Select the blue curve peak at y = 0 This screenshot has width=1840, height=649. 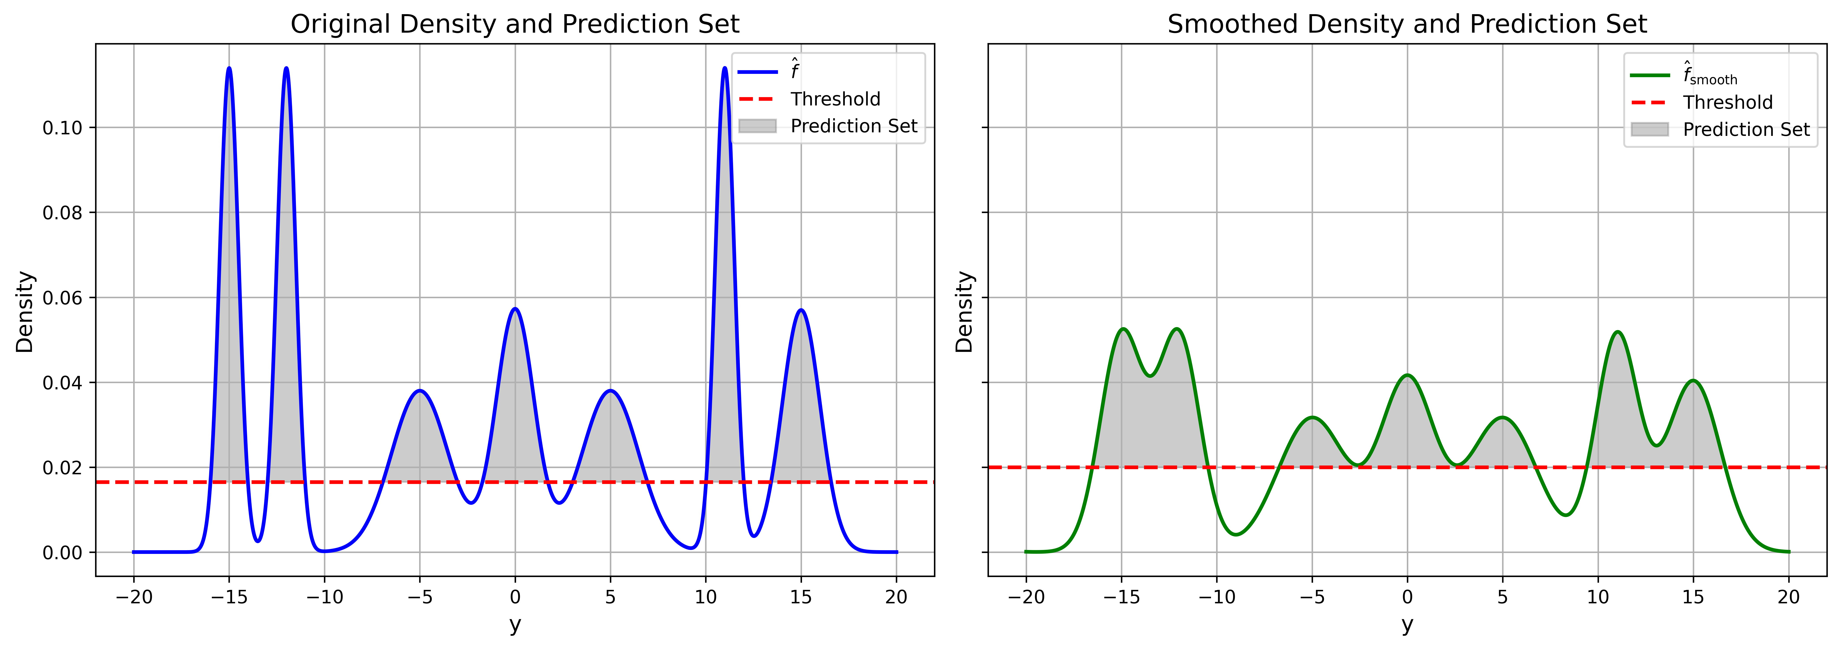[x=515, y=309]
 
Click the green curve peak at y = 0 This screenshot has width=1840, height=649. [x=1407, y=375]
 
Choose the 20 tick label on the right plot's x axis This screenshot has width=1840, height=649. [x=1789, y=598]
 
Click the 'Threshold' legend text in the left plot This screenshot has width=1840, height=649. [x=835, y=99]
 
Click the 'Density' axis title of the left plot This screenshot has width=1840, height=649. [x=25, y=312]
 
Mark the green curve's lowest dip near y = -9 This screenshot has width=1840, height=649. [x=1236, y=534]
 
